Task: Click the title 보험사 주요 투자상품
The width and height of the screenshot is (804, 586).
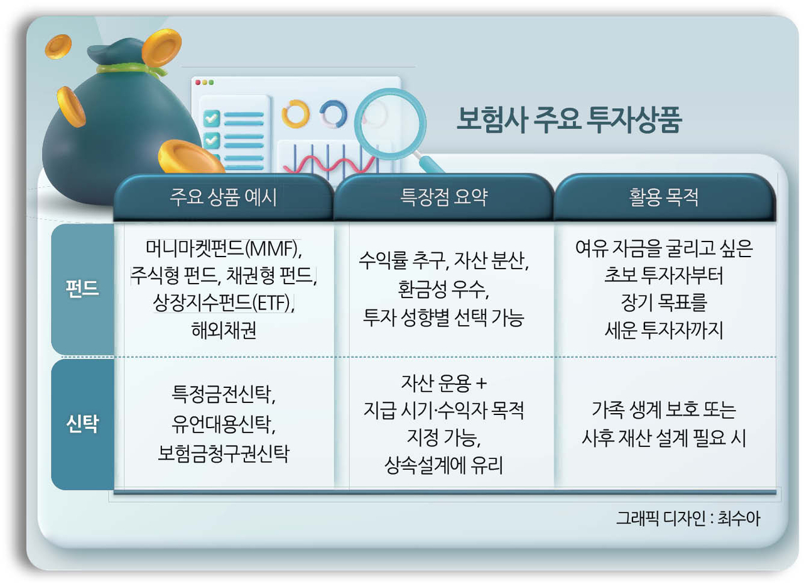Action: pos(568,119)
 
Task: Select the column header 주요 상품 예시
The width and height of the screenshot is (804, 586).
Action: pos(223,197)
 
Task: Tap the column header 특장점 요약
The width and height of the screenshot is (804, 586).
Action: pos(444,197)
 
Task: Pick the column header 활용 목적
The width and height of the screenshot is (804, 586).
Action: pos(664,197)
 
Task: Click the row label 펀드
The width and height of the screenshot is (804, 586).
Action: pos(82,289)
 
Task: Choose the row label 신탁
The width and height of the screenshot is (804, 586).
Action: pos(82,424)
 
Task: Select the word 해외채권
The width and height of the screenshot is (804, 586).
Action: pos(224,330)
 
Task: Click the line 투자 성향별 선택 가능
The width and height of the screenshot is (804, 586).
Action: pos(443,318)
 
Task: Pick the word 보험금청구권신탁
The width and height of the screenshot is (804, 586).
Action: pos(223,453)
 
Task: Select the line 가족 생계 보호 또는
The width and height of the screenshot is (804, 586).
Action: pos(664,410)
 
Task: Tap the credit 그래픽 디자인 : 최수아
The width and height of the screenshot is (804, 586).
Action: pos(688,518)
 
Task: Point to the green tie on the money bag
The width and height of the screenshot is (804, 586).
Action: pos(132,70)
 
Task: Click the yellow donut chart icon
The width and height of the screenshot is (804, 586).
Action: pos(295,114)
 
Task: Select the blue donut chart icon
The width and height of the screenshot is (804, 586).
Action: pos(334,114)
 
